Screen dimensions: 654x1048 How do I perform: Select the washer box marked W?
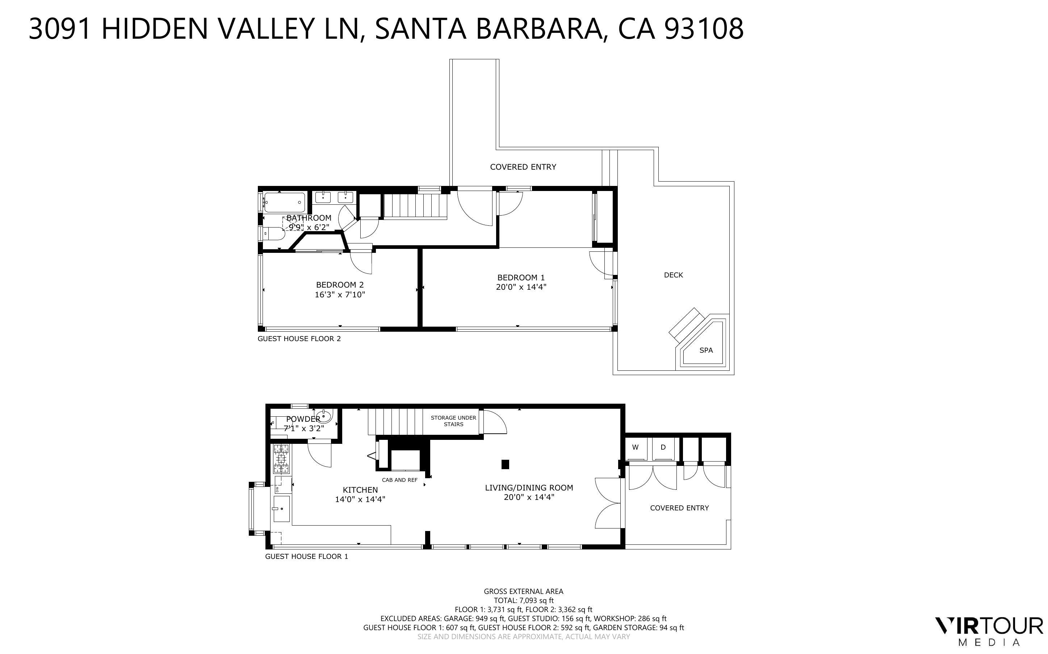pyautogui.click(x=635, y=448)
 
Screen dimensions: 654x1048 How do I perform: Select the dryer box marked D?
pyautogui.click(x=663, y=448)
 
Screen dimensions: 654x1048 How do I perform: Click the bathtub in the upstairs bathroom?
pyautogui.click(x=284, y=203)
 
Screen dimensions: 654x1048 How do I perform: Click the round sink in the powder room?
pyautogui.click(x=324, y=417)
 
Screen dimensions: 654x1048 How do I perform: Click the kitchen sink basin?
pyautogui.click(x=282, y=509)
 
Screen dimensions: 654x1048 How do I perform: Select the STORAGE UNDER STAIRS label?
pyautogui.click(x=453, y=421)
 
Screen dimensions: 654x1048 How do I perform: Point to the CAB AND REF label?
pyautogui.click(x=399, y=480)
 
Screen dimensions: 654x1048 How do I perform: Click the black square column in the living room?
pyautogui.click(x=505, y=464)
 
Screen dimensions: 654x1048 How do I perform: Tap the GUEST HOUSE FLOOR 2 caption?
pyautogui.click(x=299, y=339)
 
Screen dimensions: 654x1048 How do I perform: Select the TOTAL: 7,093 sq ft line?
pyautogui.click(x=523, y=600)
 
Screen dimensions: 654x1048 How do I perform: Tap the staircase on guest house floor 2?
pyautogui.click(x=415, y=207)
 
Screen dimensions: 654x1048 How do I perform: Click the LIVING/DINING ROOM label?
pyautogui.click(x=529, y=488)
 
